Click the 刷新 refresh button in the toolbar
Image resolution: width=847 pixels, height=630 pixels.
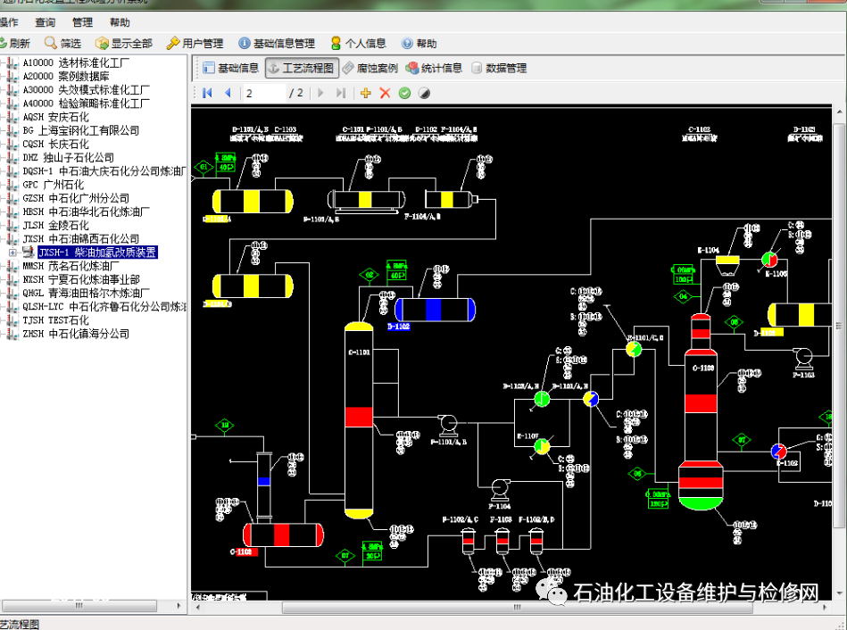point(15,43)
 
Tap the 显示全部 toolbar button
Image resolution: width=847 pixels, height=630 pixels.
point(124,43)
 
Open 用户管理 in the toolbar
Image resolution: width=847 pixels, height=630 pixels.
point(195,43)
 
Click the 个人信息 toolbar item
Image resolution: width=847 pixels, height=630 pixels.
point(358,43)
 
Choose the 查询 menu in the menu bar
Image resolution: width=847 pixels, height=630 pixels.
point(45,22)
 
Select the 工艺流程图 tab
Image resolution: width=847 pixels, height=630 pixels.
point(301,68)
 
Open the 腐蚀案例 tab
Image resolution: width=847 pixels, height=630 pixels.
point(370,68)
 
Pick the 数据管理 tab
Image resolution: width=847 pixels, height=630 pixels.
point(499,68)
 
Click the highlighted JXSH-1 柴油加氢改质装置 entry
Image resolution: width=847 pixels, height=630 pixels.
point(96,253)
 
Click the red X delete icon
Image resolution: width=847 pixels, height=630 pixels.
point(385,93)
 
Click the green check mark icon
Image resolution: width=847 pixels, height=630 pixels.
point(404,93)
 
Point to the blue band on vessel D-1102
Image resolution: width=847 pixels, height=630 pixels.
point(434,309)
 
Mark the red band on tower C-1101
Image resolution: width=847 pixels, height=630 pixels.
point(359,417)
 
